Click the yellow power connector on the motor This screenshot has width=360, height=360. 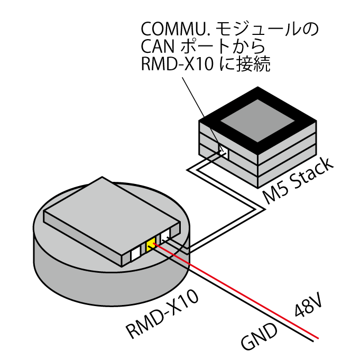151,244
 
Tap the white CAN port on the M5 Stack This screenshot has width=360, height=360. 224,152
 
